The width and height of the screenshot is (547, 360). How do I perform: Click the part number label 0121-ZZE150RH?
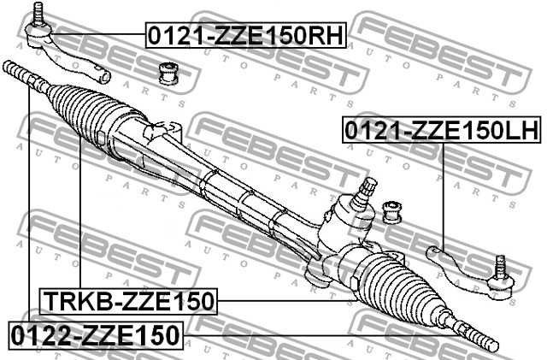click(x=245, y=35)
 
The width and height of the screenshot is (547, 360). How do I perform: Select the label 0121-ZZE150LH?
click(x=442, y=130)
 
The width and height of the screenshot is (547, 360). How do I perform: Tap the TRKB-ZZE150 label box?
click(x=128, y=301)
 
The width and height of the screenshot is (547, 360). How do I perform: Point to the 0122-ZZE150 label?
click(x=95, y=335)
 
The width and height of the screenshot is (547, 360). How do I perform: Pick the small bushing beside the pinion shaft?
click(x=392, y=212)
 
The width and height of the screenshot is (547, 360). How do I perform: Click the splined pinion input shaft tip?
click(x=369, y=185)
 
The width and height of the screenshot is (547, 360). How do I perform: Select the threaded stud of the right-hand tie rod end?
click(x=38, y=13)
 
